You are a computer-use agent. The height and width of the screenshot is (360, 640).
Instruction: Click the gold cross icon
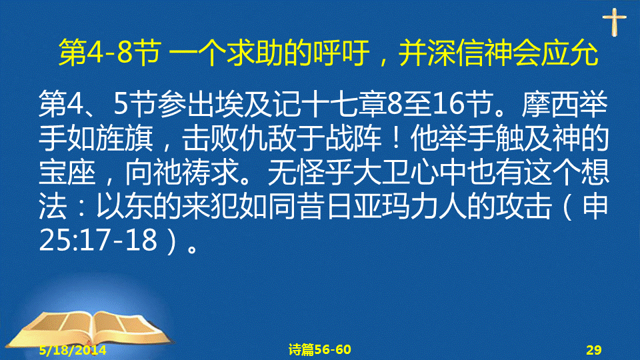tap(614, 22)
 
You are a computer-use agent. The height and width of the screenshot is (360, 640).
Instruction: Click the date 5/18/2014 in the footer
tap(73, 350)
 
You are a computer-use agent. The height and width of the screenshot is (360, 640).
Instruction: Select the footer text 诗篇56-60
tap(319, 349)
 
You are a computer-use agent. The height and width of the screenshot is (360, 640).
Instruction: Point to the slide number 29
tap(594, 350)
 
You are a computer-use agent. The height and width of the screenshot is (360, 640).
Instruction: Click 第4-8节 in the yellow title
tap(109, 53)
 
